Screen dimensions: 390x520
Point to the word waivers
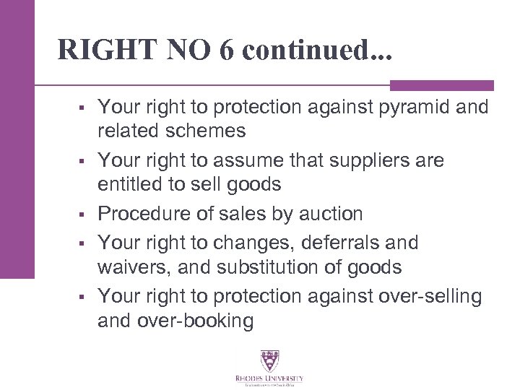tap(126, 268)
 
